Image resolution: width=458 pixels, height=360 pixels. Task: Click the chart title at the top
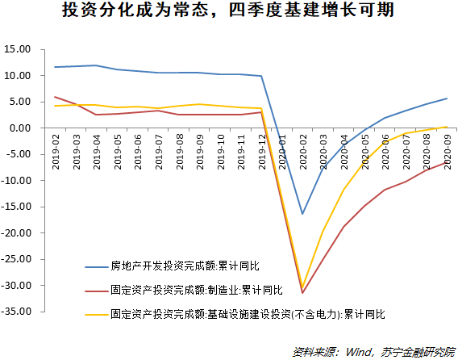coord(228,14)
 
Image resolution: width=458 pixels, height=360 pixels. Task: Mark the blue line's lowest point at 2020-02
coord(303,214)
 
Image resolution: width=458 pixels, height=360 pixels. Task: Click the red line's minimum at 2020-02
coord(303,292)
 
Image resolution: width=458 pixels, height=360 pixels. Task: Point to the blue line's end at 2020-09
coord(448,98)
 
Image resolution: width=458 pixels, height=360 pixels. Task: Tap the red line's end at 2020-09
coord(448,161)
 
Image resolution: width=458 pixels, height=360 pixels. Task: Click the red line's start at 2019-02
coord(56,97)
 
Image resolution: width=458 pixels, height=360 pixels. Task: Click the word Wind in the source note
coord(357,351)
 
